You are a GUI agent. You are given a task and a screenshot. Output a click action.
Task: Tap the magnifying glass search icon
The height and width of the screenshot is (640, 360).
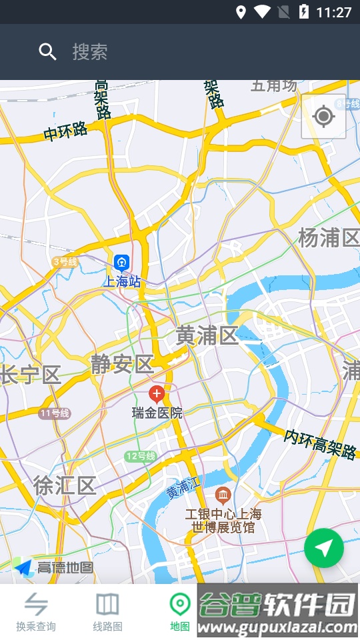(x=47, y=51)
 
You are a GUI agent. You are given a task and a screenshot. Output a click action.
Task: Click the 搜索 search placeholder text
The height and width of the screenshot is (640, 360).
(x=90, y=52)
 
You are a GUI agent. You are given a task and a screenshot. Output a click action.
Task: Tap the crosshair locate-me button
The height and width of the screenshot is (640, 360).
(x=323, y=117)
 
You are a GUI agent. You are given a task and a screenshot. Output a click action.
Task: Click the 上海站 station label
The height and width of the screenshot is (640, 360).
(x=122, y=281)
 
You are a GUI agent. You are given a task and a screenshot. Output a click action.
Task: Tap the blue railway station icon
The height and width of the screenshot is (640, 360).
(x=121, y=262)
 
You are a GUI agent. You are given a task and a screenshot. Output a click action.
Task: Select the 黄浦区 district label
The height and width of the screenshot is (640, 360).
(x=207, y=336)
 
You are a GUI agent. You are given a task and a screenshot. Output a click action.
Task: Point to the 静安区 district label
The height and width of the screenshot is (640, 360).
(x=123, y=364)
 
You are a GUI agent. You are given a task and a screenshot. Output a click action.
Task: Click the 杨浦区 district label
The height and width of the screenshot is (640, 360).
(x=328, y=238)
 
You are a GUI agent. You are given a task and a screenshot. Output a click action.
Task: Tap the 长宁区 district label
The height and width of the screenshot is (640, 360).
(x=31, y=375)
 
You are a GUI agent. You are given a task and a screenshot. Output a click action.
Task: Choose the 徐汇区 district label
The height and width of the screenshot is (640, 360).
(x=65, y=485)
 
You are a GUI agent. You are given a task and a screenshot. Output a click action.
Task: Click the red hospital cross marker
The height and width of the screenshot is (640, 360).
(x=157, y=393)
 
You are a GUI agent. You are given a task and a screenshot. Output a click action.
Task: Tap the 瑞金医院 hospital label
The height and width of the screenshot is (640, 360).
(x=157, y=413)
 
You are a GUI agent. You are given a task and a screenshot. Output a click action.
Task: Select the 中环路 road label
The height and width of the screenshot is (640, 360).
(x=66, y=131)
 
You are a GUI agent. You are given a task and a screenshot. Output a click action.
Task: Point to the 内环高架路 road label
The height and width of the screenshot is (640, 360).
(x=320, y=444)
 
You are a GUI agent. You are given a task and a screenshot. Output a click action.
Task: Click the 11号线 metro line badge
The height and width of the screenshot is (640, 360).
(x=55, y=413)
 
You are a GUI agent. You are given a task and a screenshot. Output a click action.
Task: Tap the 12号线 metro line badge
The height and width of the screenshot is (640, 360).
(x=140, y=457)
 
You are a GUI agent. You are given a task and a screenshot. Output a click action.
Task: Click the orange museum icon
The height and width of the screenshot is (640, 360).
(x=223, y=495)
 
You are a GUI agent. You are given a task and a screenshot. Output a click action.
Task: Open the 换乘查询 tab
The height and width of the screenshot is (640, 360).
(x=36, y=611)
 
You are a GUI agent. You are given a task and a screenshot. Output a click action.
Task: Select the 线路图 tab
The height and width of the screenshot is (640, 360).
(x=107, y=611)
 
